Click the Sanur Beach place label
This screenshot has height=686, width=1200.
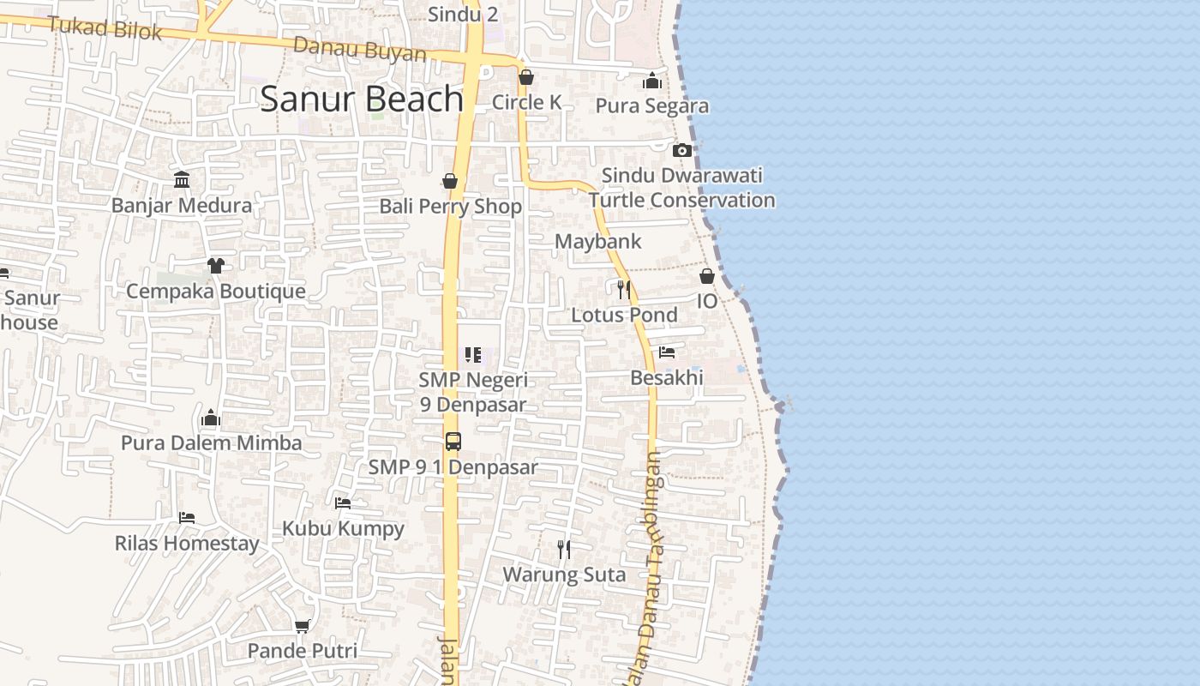click(362, 99)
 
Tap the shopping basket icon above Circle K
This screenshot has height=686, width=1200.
click(526, 78)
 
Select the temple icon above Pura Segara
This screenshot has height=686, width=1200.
click(652, 81)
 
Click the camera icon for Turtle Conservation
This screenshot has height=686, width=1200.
click(682, 150)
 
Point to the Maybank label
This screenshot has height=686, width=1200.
click(597, 242)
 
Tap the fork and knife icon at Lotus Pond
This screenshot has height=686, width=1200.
click(623, 289)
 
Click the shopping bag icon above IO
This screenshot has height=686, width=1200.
click(707, 276)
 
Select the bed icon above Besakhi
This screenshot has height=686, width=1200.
click(667, 352)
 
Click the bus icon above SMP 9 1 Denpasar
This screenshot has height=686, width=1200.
click(453, 442)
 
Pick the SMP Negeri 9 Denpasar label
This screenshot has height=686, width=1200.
click(473, 392)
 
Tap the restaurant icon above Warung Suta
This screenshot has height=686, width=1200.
click(563, 549)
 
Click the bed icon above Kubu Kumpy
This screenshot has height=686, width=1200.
click(343, 502)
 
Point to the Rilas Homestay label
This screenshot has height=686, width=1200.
click(187, 544)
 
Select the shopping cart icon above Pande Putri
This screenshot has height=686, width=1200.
click(302, 627)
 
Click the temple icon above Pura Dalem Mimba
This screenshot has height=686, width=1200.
click(211, 418)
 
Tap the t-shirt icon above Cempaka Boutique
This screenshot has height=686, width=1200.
click(215, 266)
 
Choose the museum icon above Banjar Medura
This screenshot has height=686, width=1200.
click(182, 180)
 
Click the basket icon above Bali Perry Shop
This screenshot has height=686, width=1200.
click(450, 181)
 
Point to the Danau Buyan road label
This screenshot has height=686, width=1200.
click(360, 50)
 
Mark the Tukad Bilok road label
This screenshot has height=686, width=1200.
click(105, 28)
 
